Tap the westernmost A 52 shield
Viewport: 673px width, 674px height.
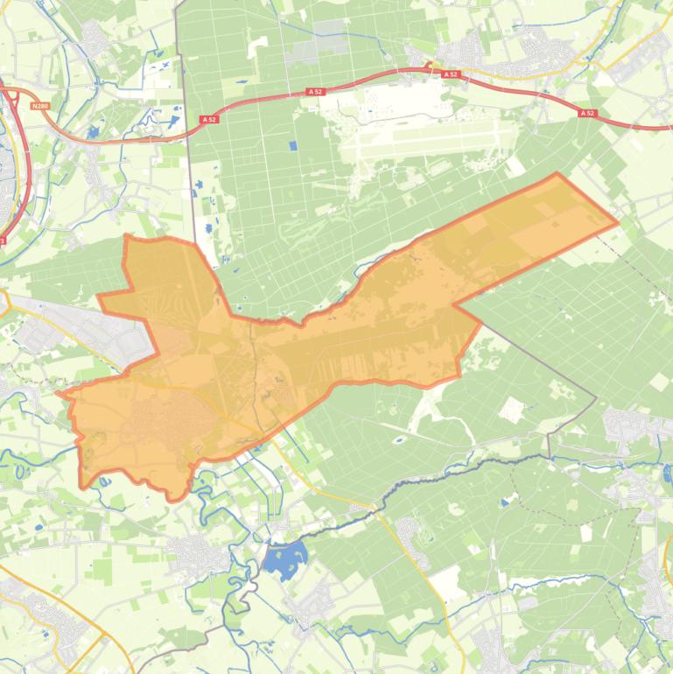click(208, 119)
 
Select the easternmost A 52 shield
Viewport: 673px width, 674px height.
click(586, 113)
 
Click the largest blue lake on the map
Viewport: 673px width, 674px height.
click(286, 558)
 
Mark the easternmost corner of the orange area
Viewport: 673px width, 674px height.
click(618, 221)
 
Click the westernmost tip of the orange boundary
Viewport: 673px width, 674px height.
click(59, 393)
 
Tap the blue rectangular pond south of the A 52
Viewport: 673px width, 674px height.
click(292, 146)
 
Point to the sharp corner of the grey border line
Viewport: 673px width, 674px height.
click(597, 399)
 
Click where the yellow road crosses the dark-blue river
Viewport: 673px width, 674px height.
click(379, 507)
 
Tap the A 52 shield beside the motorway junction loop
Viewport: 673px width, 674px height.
click(451, 75)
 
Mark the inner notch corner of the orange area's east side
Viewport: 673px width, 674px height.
click(454, 305)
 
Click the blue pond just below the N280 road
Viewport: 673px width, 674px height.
click(92, 131)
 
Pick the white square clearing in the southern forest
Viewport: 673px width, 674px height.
click(511, 408)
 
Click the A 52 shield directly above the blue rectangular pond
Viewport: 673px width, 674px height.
click(313, 91)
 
